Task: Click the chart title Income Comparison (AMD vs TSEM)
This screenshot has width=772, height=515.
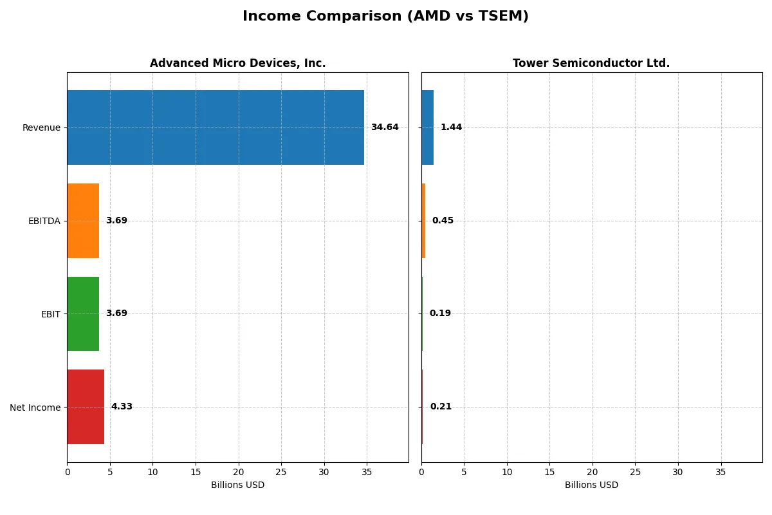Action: [385, 17]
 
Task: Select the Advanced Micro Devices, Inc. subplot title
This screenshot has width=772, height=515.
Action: [237, 63]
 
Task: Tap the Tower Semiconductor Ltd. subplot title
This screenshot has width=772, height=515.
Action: [591, 63]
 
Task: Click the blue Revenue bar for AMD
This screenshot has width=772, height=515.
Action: [216, 127]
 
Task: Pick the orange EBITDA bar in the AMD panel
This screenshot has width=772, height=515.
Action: [83, 221]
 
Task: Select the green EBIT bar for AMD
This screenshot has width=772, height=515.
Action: [83, 314]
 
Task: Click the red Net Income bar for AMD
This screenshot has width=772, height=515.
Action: [86, 407]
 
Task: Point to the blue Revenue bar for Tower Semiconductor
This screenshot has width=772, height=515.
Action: [427, 127]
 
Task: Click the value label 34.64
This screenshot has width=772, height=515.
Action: [385, 127]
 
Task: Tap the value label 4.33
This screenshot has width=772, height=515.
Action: [122, 407]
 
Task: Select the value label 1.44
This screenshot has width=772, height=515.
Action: [451, 127]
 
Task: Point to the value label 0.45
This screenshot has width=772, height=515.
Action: [443, 221]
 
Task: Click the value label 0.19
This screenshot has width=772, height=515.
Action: [440, 314]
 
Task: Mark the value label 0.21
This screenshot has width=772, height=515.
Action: [441, 407]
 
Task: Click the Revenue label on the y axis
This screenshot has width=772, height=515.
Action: [41, 127]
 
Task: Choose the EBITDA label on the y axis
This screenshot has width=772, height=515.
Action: [44, 221]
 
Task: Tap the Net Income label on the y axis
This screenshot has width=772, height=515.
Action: [35, 407]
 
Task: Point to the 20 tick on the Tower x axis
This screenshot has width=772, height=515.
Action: [593, 472]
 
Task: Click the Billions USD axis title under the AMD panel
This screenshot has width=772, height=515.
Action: [237, 485]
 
